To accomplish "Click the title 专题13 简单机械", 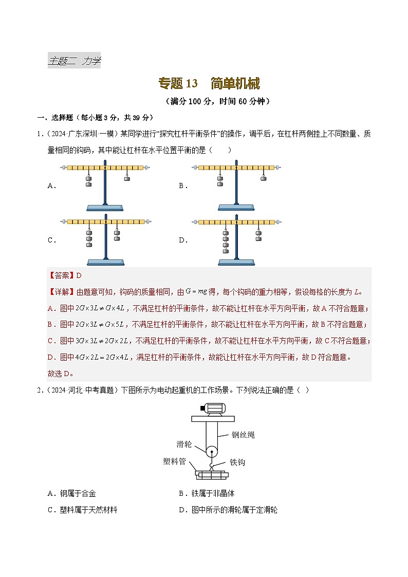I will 209,84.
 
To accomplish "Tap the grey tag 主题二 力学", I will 74,61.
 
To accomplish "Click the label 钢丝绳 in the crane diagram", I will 243,435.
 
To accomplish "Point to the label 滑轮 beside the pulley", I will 184,443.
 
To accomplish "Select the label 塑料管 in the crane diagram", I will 174,461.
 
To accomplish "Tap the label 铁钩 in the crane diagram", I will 237,462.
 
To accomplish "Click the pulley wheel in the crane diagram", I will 211,453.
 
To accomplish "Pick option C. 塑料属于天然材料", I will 82,510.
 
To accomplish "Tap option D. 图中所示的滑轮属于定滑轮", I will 228,510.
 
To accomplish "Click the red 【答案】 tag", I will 61,275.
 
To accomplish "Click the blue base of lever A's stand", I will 105,208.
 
